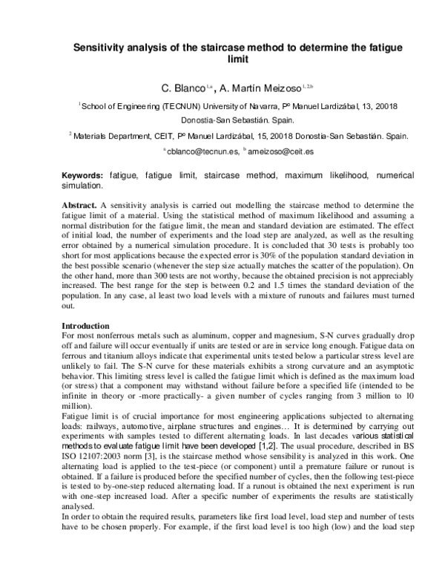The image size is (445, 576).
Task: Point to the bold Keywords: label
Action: [x=83, y=176]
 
